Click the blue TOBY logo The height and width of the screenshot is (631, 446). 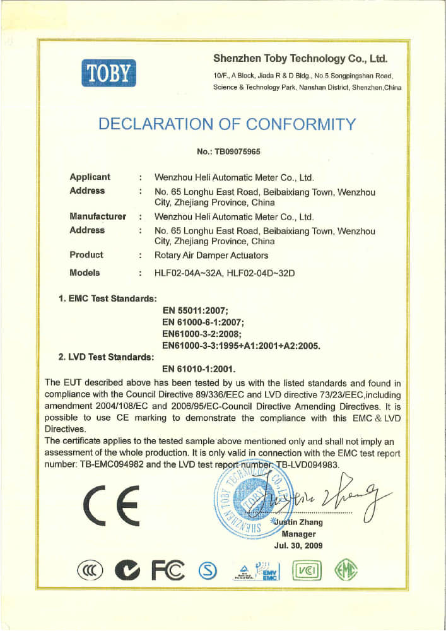coord(109,73)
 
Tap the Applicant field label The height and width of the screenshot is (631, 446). coord(90,177)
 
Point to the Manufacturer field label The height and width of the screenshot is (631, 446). coord(98,216)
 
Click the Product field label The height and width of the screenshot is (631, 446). coord(86,255)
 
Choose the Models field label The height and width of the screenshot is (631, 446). coord(85,273)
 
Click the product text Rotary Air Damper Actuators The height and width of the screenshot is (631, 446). coord(211,256)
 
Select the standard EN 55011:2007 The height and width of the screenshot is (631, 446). coord(198,310)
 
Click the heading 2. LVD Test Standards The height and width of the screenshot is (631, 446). coord(106,357)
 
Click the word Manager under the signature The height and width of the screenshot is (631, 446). coord(298,534)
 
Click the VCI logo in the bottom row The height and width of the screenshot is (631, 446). coord(306,571)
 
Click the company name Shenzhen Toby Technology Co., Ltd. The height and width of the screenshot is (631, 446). coord(300,59)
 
